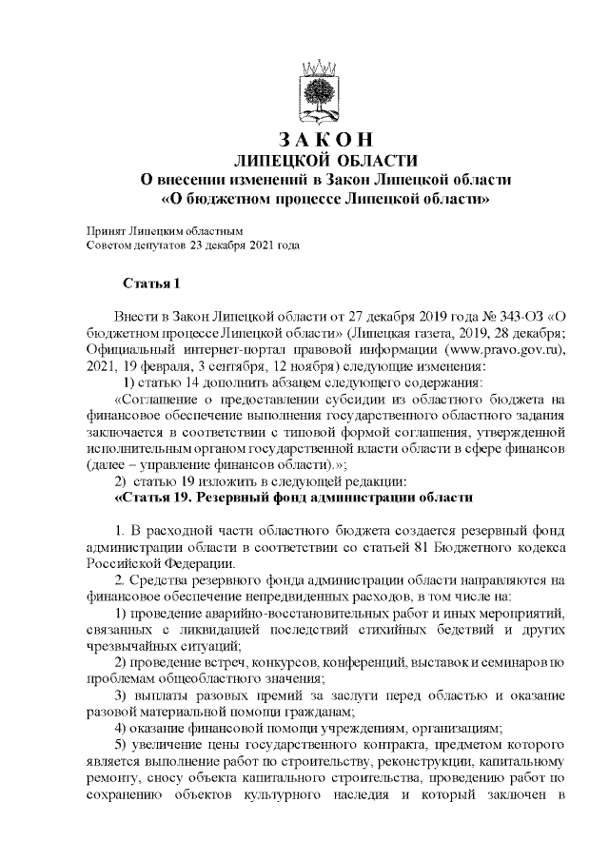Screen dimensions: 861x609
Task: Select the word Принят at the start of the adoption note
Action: [104, 231]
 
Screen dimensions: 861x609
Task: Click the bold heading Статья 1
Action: [149, 284]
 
